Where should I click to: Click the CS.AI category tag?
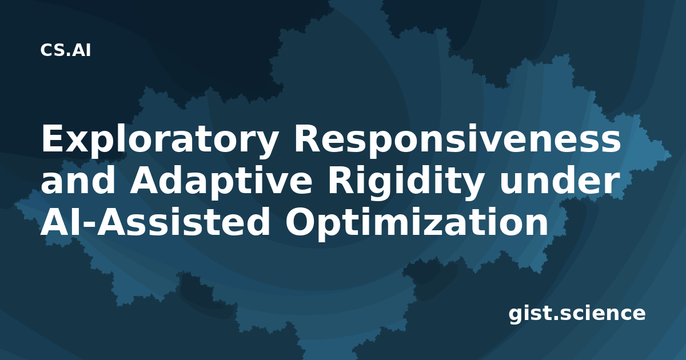pyautogui.click(x=66, y=50)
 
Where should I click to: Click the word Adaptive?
pyautogui.click(x=221, y=182)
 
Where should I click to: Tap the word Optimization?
pyautogui.click(x=417, y=223)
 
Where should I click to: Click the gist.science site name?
pyautogui.click(x=577, y=314)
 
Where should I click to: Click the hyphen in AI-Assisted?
pyautogui.click(x=88, y=225)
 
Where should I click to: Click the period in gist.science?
pyautogui.click(x=556, y=318)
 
